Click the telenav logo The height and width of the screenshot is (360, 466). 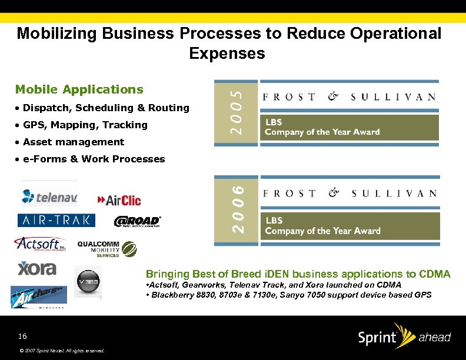pyautogui.click(x=49, y=196)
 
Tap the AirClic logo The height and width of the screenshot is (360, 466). pyautogui.click(x=119, y=200)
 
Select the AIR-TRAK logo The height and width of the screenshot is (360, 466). pyautogui.click(x=56, y=220)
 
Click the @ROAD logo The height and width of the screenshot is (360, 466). pyautogui.click(x=137, y=221)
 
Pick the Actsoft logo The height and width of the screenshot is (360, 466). pyautogui.click(x=39, y=244)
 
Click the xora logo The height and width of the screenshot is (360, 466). pyautogui.click(x=36, y=269)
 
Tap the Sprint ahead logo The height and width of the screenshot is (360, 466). pyautogui.click(x=404, y=337)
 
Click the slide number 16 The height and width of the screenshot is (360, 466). pyautogui.click(x=22, y=336)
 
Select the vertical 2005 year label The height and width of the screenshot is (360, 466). pyautogui.click(x=235, y=110)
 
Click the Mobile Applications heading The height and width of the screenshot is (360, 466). pyautogui.click(x=79, y=89)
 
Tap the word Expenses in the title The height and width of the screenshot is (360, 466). pyautogui.click(x=227, y=54)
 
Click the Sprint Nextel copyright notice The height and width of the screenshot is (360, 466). pyautogui.click(x=61, y=351)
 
